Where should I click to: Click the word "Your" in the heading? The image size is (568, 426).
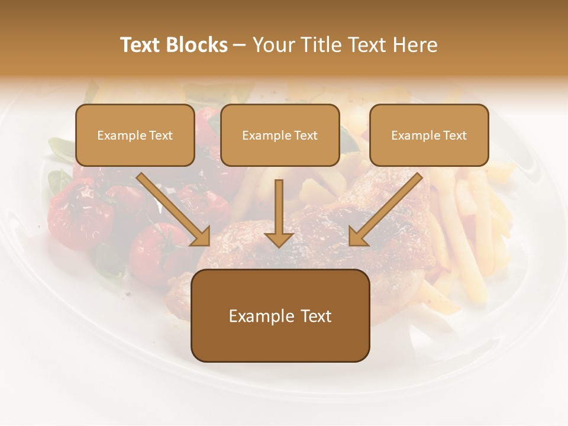(270, 45)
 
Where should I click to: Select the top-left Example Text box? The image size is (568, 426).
(135, 135)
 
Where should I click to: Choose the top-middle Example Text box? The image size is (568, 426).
(280, 135)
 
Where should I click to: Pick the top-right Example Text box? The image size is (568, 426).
(429, 135)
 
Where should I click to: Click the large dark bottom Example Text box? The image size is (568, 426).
(280, 316)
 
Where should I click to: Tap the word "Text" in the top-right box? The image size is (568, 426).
(454, 135)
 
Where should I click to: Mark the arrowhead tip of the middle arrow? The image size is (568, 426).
(279, 245)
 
